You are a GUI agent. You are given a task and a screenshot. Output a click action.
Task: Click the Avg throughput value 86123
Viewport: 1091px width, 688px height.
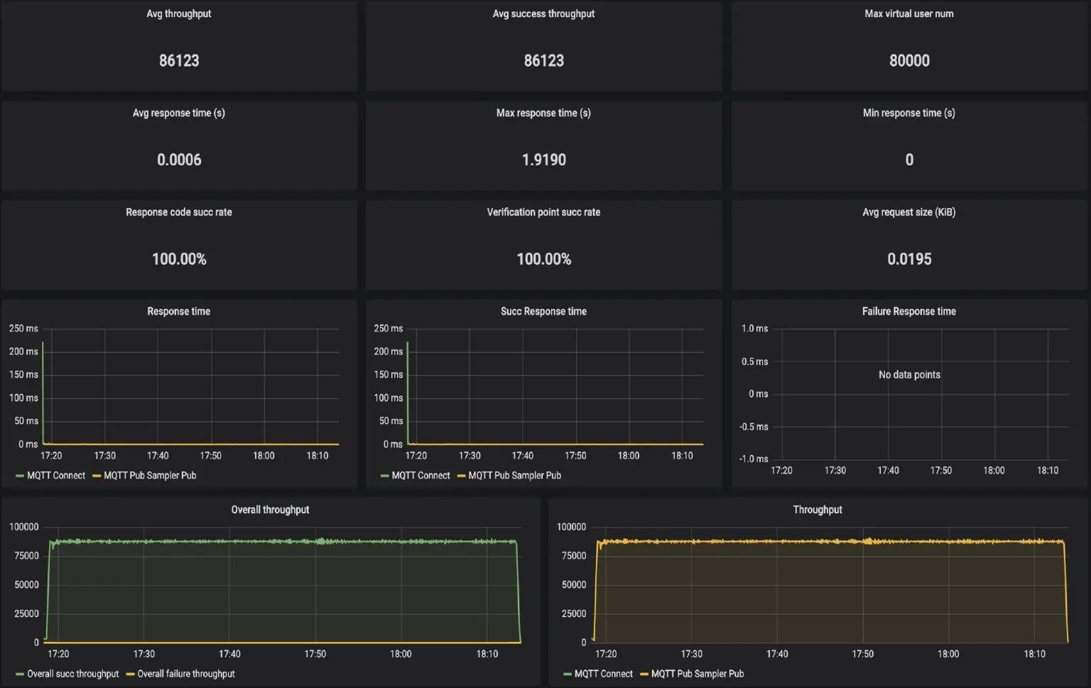tap(179, 61)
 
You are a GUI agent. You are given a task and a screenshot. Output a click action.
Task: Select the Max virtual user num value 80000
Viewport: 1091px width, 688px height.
tap(909, 61)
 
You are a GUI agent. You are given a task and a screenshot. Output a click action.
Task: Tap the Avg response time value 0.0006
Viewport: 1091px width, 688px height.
tap(179, 160)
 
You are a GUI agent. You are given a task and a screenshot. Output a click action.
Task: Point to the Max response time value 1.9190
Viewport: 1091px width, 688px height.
tap(544, 160)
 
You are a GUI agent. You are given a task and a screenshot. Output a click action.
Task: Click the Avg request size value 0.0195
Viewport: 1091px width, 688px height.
tap(909, 260)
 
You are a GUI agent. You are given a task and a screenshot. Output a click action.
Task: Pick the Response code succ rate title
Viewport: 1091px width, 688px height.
tap(179, 212)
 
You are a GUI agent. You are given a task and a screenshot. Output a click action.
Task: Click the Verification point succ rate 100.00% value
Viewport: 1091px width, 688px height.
tap(544, 260)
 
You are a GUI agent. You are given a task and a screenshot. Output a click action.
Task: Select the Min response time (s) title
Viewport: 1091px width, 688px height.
tap(909, 113)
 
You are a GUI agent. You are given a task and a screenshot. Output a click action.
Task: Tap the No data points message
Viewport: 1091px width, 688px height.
tap(909, 375)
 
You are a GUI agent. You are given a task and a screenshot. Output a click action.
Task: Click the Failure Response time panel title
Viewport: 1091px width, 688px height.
tap(909, 312)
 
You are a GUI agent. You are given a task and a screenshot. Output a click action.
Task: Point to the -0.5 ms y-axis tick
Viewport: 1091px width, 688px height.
tap(754, 427)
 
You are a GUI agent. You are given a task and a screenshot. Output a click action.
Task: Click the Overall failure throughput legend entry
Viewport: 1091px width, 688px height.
tap(185, 674)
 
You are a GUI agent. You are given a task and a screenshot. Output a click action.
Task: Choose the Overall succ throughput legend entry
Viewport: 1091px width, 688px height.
tap(72, 674)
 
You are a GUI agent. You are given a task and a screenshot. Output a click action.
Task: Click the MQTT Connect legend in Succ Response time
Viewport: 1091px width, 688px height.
tap(420, 476)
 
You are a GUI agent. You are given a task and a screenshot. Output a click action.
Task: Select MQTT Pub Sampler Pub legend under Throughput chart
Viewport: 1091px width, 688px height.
tap(697, 674)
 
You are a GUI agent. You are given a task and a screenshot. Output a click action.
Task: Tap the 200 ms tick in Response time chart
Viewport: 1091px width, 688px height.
tap(23, 351)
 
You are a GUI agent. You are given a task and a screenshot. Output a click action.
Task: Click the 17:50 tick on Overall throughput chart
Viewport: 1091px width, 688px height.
tap(315, 654)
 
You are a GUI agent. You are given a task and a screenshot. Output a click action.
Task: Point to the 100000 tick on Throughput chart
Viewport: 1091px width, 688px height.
tap(572, 527)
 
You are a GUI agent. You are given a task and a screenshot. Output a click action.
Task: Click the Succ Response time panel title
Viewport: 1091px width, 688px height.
tap(544, 312)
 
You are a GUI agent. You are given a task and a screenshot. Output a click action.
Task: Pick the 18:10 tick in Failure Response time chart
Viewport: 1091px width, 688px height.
tap(1048, 471)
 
